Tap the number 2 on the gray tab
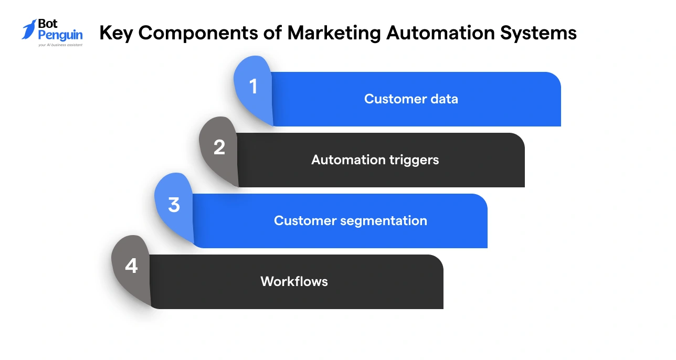coord(219,147)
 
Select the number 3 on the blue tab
coord(174,205)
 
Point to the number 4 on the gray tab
coord(131,266)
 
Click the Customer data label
coord(411,99)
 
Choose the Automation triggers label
coord(375,160)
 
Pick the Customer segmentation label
coord(350,220)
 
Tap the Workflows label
coord(294,281)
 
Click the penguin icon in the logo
coord(29,29)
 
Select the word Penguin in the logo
coord(60,36)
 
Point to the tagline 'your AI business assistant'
coord(60,45)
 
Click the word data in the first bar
coord(443,99)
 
